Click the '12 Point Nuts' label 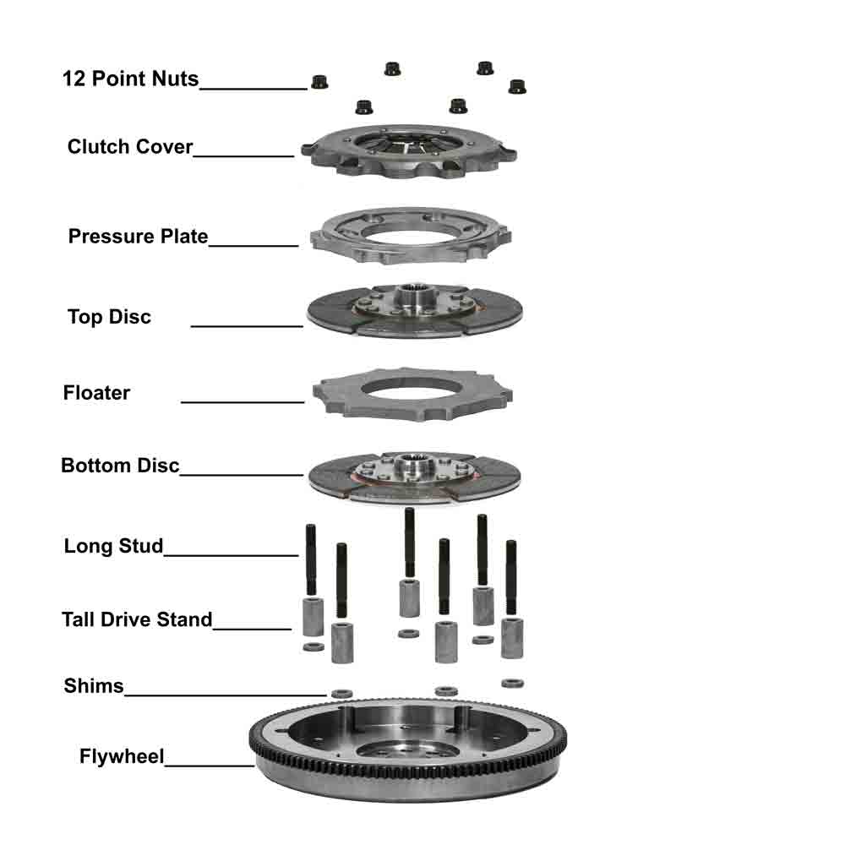pyautogui.click(x=130, y=79)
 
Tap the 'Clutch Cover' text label pyautogui.click(x=130, y=146)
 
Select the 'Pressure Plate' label pyautogui.click(x=138, y=237)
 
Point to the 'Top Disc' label pyautogui.click(x=109, y=317)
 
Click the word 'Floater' pyautogui.click(x=96, y=393)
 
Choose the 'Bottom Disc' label pyautogui.click(x=120, y=466)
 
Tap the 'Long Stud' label pyautogui.click(x=113, y=546)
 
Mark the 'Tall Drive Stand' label pyautogui.click(x=137, y=619)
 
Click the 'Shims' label pyautogui.click(x=93, y=686)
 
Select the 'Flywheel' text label pyautogui.click(x=121, y=756)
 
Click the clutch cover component pyautogui.click(x=408, y=151)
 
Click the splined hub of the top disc pyautogui.click(x=414, y=296)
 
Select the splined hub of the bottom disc pyautogui.click(x=412, y=463)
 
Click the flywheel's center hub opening pyautogui.click(x=397, y=750)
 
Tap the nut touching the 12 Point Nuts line pyautogui.click(x=319, y=82)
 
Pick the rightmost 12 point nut pyautogui.click(x=517, y=86)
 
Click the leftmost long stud pyautogui.click(x=311, y=559)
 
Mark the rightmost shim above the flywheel pyautogui.click(x=512, y=684)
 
